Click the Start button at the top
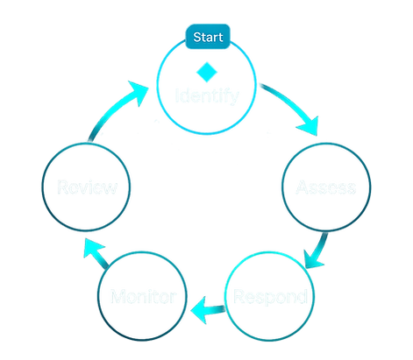click(207, 39)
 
